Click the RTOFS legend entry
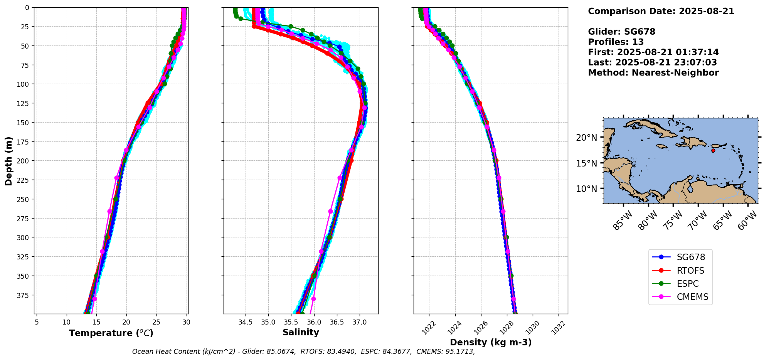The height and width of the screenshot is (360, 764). tap(690, 271)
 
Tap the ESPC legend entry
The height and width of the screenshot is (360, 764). tap(688, 284)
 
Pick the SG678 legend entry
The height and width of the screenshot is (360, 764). tap(691, 257)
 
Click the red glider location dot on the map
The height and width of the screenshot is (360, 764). tap(713, 150)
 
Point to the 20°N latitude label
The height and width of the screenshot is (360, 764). tap(586, 138)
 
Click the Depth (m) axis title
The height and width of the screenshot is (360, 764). tap(8, 161)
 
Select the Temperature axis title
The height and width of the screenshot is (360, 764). tap(111, 333)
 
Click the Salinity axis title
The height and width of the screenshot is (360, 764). tap(301, 332)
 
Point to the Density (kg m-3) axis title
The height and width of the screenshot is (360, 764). tap(491, 342)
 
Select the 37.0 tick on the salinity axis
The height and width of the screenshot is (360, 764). tap(359, 322)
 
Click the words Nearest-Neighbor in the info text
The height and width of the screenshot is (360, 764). tap(675, 73)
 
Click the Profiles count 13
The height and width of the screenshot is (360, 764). tap(638, 42)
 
